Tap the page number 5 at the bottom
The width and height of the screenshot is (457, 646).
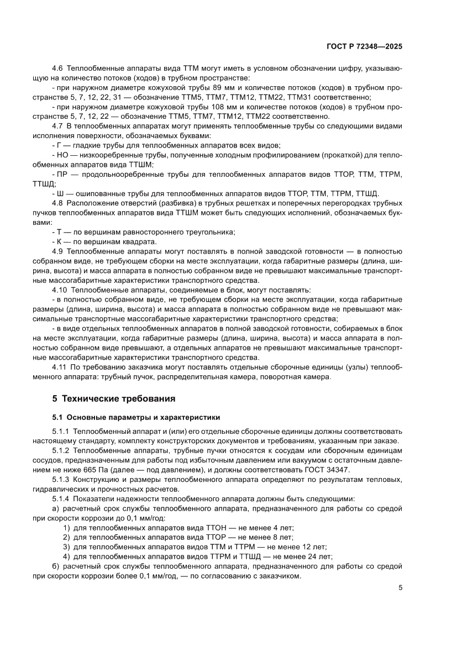click(x=400, y=588)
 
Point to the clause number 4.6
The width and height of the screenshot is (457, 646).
click(x=58, y=68)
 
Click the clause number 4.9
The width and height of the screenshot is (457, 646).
click(x=58, y=251)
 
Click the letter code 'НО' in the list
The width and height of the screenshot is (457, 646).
click(x=61, y=155)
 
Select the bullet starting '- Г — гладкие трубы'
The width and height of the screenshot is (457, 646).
click(x=166, y=146)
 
